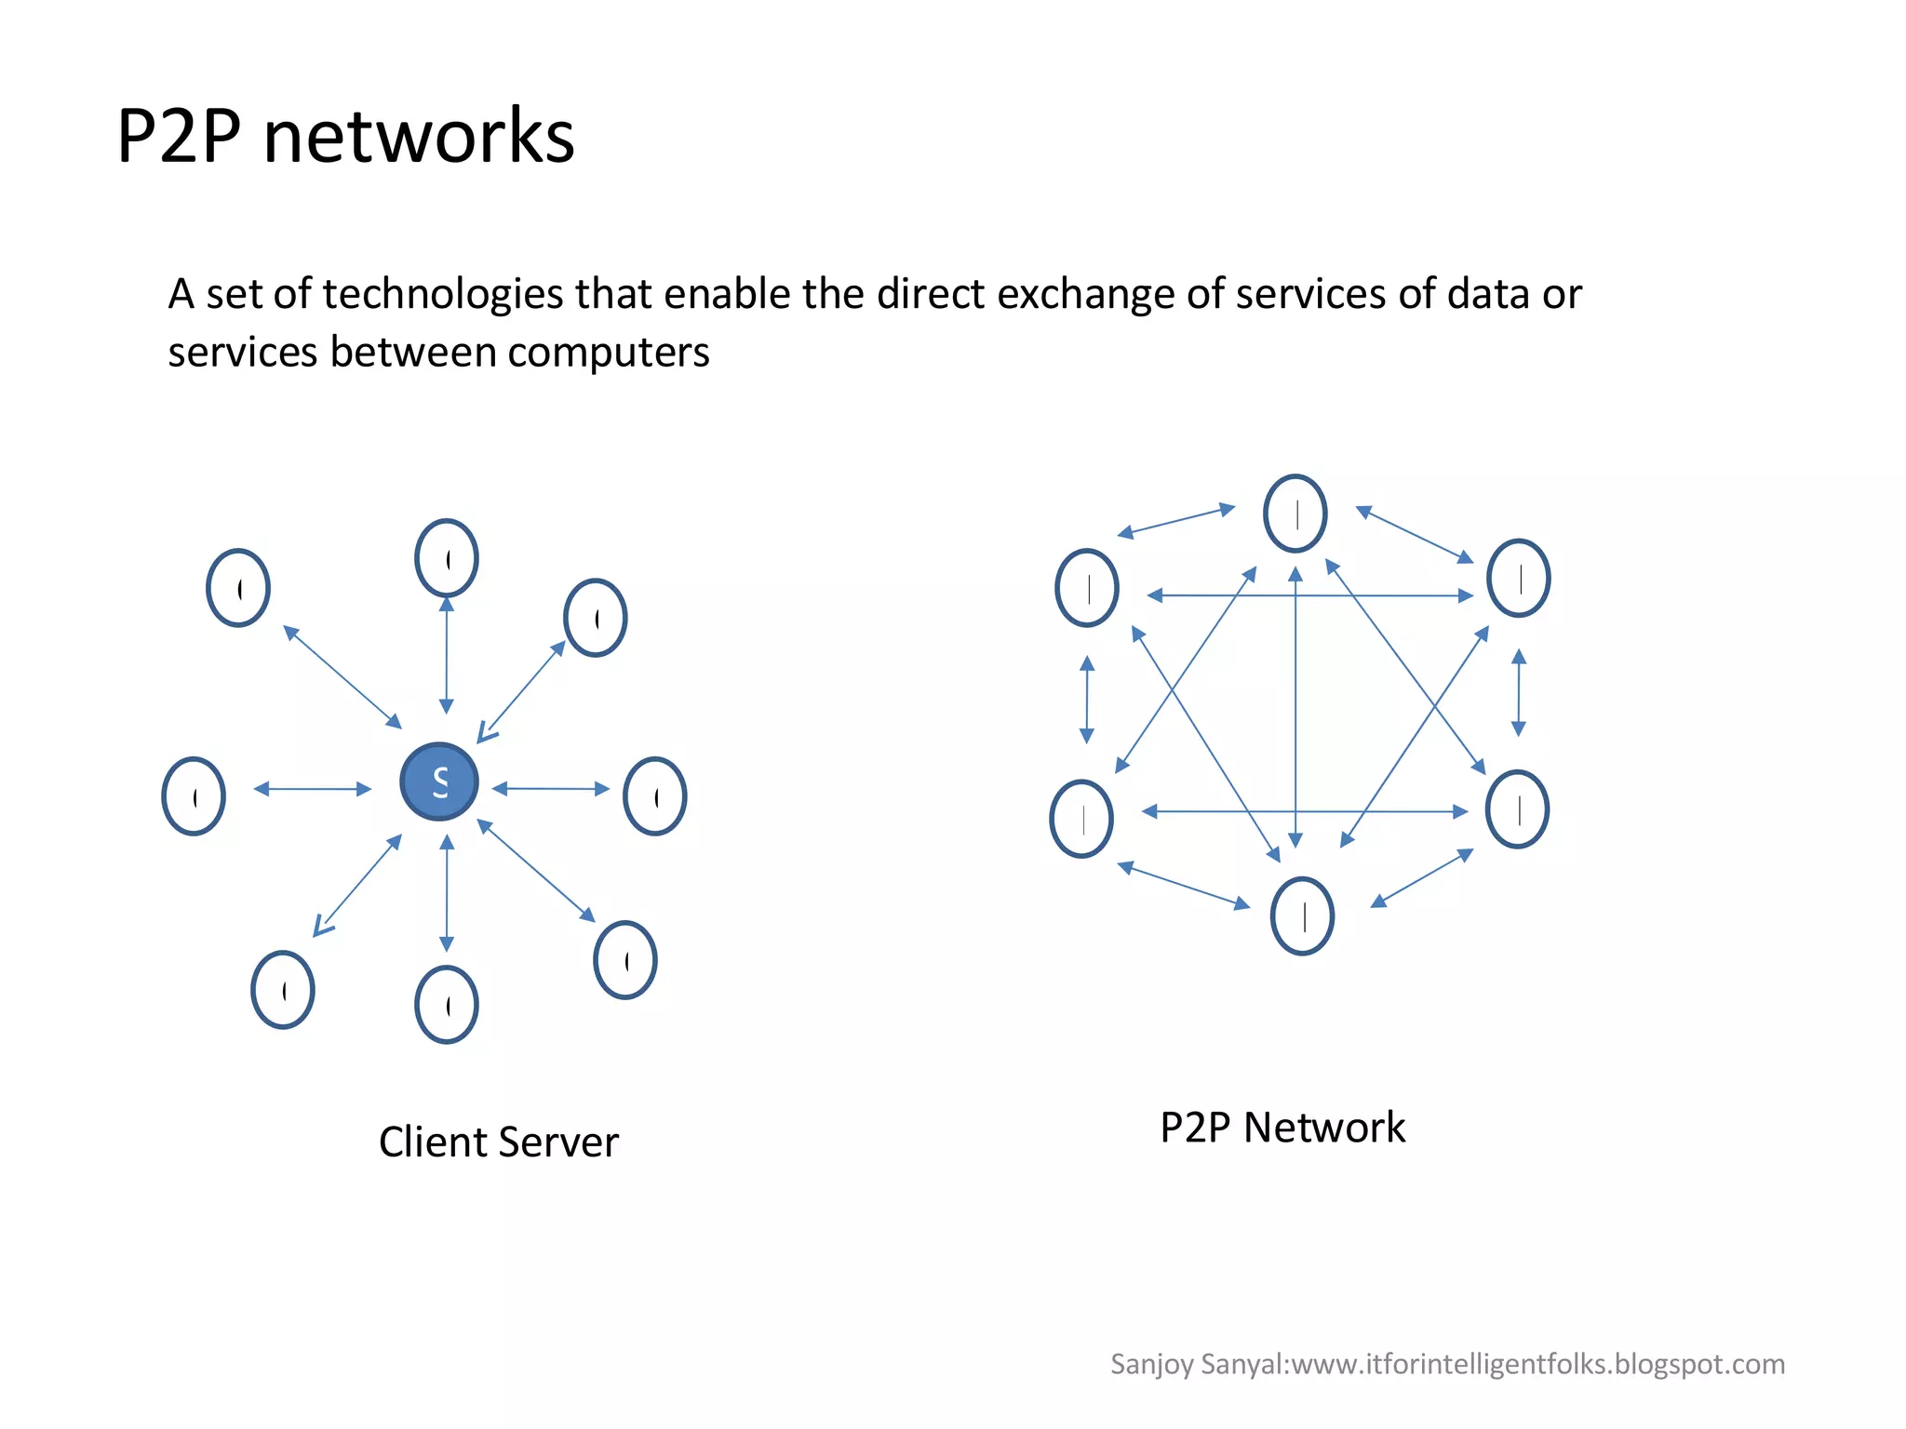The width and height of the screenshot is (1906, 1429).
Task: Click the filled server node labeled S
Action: pos(439,781)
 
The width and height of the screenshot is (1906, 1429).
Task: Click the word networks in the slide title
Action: pos(419,137)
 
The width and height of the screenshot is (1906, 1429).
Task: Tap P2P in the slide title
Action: pos(179,137)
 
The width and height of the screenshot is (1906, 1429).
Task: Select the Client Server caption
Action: pos(498,1142)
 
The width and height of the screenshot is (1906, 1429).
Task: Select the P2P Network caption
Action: pos(1282,1127)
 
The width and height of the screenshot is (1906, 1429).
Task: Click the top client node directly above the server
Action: pos(447,558)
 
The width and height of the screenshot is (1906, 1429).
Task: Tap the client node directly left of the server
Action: pos(194,796)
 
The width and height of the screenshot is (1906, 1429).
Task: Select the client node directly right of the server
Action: pos(655,796)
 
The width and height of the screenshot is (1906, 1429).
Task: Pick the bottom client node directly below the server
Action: pos(447,1005)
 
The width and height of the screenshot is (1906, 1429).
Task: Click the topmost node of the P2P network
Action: pos(1295,514)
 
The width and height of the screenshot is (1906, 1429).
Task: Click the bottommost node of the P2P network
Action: pos(1302,916)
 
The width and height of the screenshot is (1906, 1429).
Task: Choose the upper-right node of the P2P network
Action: pos(1518,578)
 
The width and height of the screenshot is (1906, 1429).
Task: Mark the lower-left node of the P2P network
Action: pos(1081,819)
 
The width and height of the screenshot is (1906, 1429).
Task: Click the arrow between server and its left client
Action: pos(313,789)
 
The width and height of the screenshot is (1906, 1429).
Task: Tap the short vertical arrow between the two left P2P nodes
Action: pos(1087,700)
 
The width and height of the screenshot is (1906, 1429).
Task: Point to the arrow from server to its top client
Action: pos(447,655)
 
